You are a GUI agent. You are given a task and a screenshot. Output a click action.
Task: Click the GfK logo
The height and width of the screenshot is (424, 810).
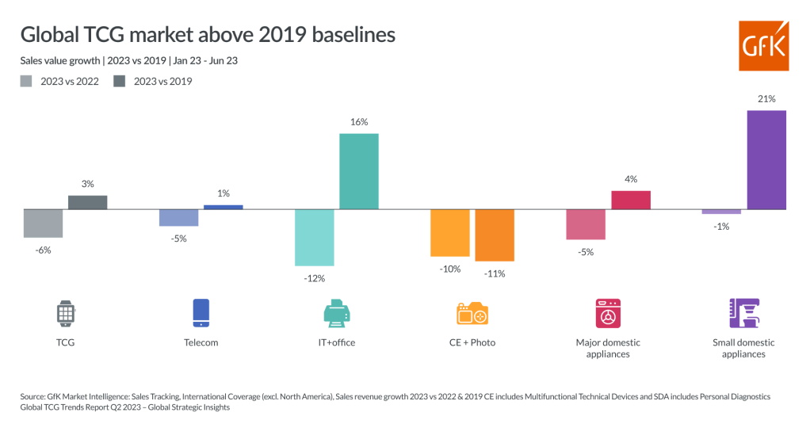tap(763, 46)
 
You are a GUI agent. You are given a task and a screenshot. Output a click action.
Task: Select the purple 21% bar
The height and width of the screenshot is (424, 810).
tap(766, 159)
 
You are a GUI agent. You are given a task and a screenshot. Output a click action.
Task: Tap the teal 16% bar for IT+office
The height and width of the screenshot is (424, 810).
tap(359, 171)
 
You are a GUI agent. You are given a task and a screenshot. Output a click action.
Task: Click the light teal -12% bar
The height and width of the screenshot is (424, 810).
tap(315, 238)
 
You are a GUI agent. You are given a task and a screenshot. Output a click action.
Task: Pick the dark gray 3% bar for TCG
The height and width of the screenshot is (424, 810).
tap(88, 202)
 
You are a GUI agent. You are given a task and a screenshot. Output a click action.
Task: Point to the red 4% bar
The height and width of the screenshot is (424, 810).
tap(631, 200)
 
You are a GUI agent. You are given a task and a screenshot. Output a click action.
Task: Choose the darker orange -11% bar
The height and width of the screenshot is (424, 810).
tap(495, 235)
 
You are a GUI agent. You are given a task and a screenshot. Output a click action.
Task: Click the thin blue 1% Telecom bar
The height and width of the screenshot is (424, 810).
tap(224, 207)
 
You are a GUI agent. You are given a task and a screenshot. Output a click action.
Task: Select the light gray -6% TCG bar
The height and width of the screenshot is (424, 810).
tap(44, 223)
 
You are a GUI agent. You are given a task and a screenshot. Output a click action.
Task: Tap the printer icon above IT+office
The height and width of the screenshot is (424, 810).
tap(337, 313)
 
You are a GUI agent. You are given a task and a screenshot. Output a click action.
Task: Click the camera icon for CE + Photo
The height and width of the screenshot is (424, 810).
tap(472, 313)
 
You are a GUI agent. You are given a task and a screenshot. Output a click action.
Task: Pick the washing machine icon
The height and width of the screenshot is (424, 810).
tap(608, 313)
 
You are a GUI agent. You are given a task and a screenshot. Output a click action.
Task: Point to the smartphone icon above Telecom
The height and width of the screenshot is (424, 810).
tap(201, 313)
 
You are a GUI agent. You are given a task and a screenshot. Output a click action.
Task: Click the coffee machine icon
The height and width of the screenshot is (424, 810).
tap(744, 313)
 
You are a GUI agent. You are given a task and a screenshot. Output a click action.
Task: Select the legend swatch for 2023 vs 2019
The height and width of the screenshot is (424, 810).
tap(120, 81)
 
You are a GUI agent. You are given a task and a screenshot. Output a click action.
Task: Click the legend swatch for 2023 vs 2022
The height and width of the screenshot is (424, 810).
tap(26, 81)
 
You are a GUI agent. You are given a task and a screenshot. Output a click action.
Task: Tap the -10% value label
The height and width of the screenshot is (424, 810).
tap(450, 269)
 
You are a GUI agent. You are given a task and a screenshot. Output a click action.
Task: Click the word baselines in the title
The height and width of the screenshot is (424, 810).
tap(353, 35)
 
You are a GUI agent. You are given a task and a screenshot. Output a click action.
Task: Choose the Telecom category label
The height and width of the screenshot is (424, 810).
tap(201, 342)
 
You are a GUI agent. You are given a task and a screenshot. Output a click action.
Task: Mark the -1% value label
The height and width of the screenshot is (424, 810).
tap(721, 227)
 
